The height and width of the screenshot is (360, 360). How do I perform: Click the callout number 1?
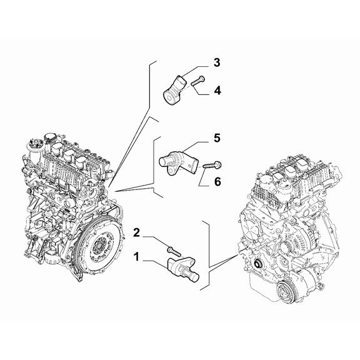[136, 256]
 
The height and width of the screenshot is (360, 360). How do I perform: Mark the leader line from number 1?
[153, 261]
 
